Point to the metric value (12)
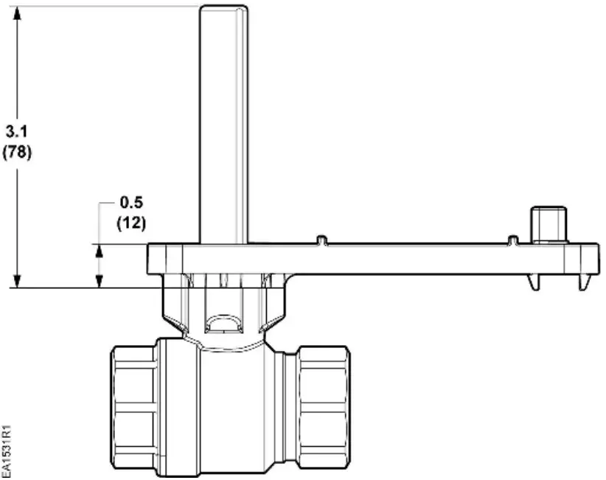[x=131, y=222]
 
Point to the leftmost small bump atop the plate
[x=321, y=240]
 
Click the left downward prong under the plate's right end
[x=533, y=283]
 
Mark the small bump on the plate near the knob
[x=511, y=240]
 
